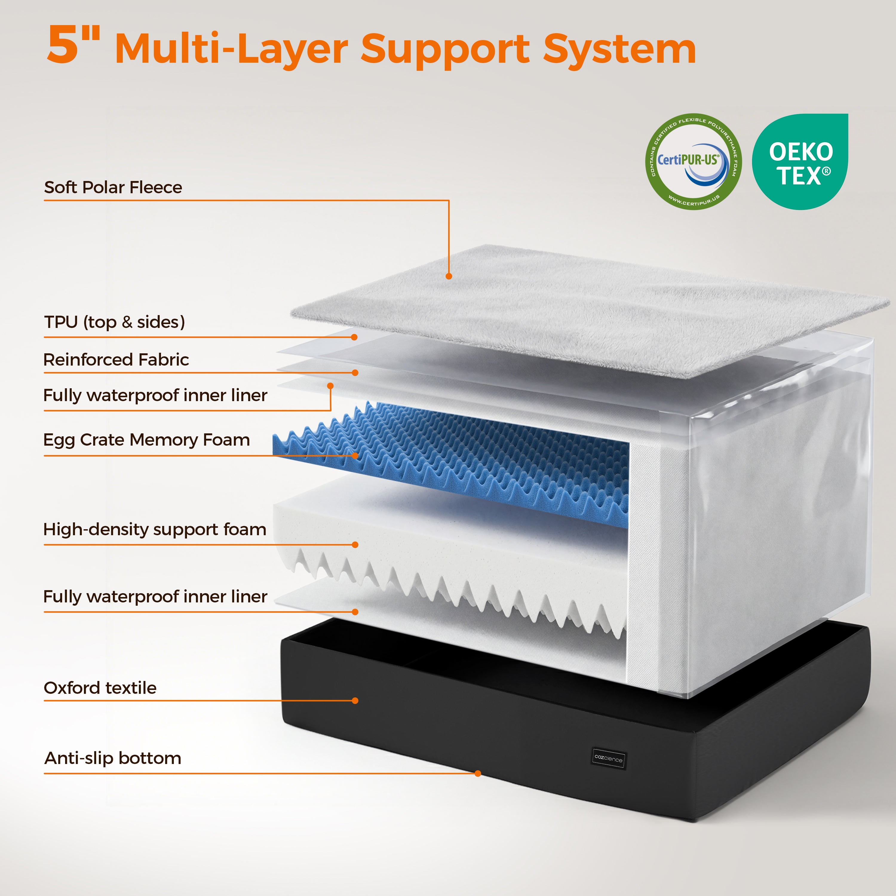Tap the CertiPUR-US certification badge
click(693, 161)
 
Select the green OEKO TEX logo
click(800, 161)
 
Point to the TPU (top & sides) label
click(115, 322)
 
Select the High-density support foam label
click(155, 530)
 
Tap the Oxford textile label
click(100, 688)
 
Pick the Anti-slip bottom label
click(113, 758)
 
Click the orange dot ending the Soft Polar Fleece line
click(449, 276)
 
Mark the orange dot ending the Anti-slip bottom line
click(478, 774)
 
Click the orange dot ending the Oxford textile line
click(355, 701)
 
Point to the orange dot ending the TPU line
click(354, 337)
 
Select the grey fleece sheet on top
click(589, 311)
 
